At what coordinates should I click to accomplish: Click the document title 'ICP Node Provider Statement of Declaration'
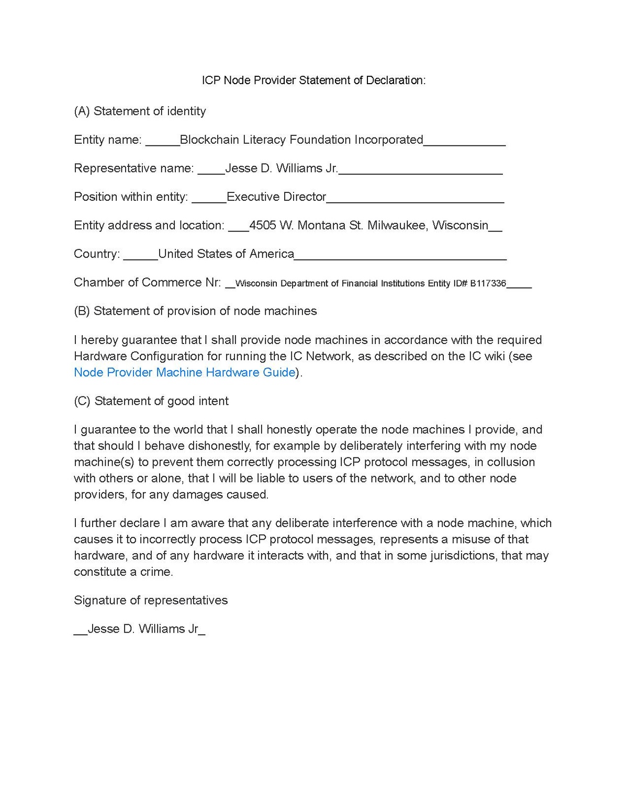point(313,80)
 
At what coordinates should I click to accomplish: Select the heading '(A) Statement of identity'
point(140,111)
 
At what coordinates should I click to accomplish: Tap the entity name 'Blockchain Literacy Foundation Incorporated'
point(301,140)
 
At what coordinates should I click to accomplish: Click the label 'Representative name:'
point(133,168)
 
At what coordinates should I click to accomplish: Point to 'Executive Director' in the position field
point(276,197)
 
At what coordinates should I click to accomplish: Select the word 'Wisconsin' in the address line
point(460,225)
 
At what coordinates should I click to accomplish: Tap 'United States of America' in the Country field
point(226,254)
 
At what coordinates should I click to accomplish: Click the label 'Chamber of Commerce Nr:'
point(147,282)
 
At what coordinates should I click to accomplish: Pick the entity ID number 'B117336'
point(488,283)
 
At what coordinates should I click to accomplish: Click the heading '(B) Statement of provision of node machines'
point(195,311)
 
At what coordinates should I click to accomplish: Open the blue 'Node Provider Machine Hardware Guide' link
point(185,372)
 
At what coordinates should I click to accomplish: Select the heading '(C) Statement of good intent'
point(151,401)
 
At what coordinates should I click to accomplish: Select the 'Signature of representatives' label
point(151,600)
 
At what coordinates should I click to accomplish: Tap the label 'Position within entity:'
point(131,197)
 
